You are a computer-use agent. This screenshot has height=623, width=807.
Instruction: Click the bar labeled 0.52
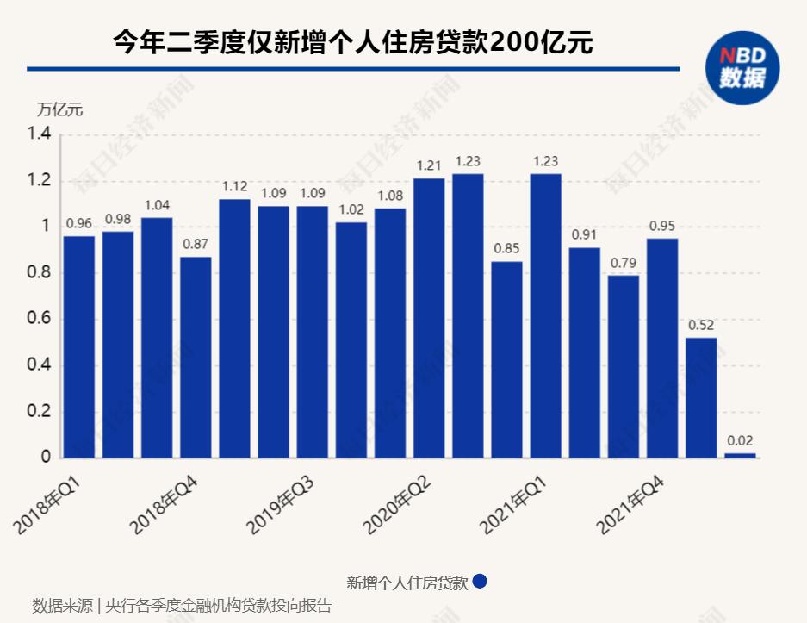[701, 397]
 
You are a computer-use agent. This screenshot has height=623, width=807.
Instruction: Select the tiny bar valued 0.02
[740, 455]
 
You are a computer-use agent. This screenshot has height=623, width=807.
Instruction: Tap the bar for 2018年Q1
[79, 346]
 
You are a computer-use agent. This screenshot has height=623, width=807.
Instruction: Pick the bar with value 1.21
[429, 318]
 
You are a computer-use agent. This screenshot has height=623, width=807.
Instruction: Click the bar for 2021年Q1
[546, 315]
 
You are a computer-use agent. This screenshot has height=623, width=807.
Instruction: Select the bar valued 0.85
[506, 359]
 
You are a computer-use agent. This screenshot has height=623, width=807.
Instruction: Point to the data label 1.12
[235, 186]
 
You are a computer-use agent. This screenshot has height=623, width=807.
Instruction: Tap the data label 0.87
[196, 244]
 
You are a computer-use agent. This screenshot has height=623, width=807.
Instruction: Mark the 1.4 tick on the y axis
[40, 135]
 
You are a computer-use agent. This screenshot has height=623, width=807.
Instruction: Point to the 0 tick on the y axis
[47, 458]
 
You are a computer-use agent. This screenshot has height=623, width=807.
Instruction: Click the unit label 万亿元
[59, 109]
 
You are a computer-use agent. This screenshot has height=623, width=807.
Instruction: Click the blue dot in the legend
[480, 582]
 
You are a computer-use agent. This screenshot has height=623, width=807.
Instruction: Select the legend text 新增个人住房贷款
[407, 583]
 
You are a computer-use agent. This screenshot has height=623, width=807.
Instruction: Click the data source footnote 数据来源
[62, 606]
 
